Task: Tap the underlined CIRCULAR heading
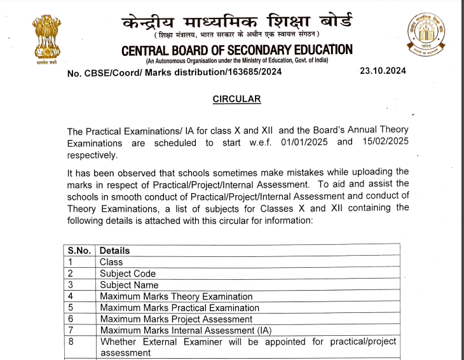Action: (x=236, y=99)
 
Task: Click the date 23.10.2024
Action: (x=383, y=71)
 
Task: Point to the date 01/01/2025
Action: (x=304, y=142)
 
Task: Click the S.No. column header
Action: (x=79, y=251)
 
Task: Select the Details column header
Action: (x=114, y=251)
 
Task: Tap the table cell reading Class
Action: (x=111, y=262)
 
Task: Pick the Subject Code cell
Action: (x=128, y=273)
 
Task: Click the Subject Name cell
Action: (x=129, y=285)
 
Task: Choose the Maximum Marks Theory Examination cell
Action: (x=176, y=296)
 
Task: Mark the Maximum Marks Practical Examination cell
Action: (x=178, y=308)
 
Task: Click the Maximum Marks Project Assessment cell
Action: (x=176, y=319)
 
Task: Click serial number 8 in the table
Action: (x=71, y=342)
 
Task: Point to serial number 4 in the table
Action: (x=71, y=296)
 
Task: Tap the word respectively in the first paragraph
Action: (x=92, y=155)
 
